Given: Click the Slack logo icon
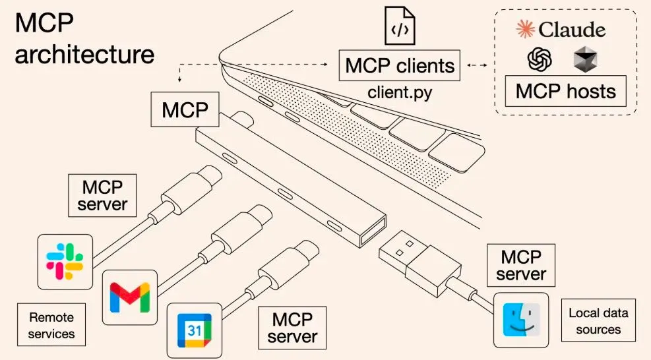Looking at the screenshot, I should pos(64,260).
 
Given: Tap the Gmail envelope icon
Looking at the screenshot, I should pos(130,297).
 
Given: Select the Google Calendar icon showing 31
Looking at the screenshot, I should pos(193,330).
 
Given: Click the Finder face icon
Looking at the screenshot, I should pos(520,320).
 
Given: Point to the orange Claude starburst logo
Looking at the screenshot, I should pos(525,30).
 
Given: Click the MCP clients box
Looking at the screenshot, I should pos(400,65).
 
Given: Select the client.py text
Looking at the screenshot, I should pos(400,92).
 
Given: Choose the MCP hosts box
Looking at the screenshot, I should pos(565,91).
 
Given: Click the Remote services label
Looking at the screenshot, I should pos(51,326).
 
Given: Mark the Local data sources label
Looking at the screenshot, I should pos(598,320).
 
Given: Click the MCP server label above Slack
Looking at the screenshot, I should pos(103,195).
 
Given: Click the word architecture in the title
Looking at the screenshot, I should pos(84,54).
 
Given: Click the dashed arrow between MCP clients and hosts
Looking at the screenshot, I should pos(477,65).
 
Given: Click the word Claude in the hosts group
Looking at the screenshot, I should pos(571,30).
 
